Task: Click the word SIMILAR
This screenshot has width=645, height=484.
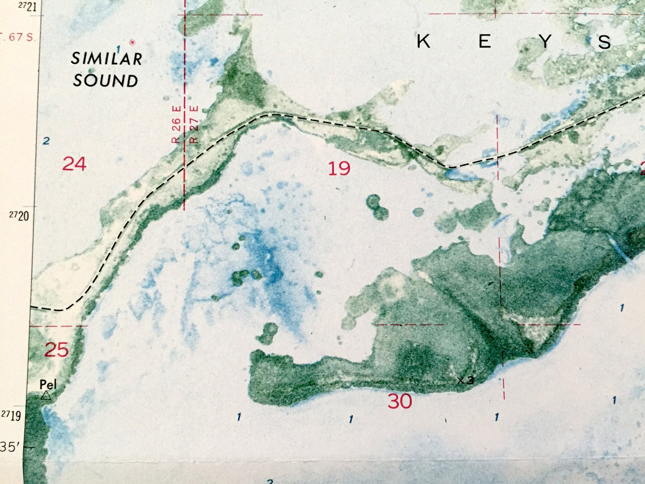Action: [107, 58]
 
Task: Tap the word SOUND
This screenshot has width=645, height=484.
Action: [106, 81]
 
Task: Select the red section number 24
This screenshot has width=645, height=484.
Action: [74, 164]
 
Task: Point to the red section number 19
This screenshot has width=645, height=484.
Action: [339, 168]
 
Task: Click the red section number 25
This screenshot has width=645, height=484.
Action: [57, 350]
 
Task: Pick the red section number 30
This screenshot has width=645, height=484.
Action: [399, 401]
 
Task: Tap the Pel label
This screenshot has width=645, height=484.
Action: [48, 384]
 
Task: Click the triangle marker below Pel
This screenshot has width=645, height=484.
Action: [46, 395]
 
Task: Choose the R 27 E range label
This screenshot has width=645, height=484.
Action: [194, 124]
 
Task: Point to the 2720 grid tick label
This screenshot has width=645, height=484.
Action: [19, 216]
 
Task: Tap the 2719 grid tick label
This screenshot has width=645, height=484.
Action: [11, 416]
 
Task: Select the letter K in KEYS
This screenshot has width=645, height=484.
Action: [424, 42]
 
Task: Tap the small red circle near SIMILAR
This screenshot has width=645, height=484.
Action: [132, 42]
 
